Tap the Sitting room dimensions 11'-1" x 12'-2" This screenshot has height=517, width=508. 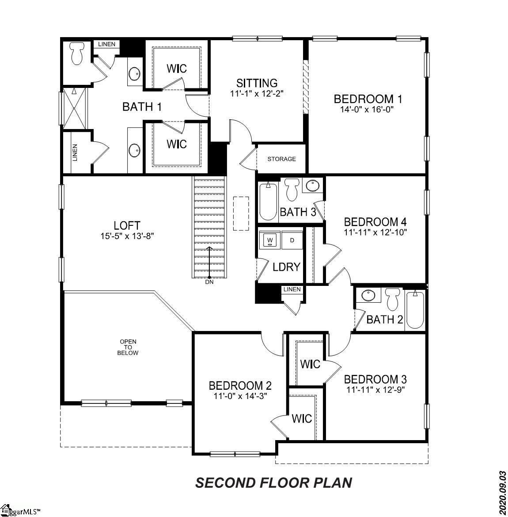pyautogui.click(x=256, y=94)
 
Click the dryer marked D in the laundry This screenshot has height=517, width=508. pyautogui.click(x=292, y=240)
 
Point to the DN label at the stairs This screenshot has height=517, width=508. pyautogui.click(x=209, y=282)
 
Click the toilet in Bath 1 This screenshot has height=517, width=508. pyautogui.click(x=77, y=53)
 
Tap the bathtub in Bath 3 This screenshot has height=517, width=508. pyautogui.click(x=268, y=201)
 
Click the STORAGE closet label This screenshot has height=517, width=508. pyautogui.click(x=281, y=159)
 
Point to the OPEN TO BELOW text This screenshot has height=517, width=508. pyautogui.click(x=128, y=347)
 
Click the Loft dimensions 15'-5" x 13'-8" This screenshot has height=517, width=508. pyautogui.click(x=127, y=236)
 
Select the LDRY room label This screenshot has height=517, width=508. pyautogui.click(x=286, y=267)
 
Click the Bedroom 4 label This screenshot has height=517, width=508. pyautogui.click(x=375, y=221)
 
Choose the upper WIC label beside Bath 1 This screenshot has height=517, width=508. pyautogui.click(x=176, y=68)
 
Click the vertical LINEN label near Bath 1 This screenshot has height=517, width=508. pyautogui.click(x=75, y=152)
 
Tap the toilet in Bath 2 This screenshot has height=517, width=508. pyautogui.click(x=392, y=299)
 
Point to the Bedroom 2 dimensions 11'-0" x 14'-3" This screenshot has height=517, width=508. pyautogui.click(x=240, y=395)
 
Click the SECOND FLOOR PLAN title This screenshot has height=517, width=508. pyautogui.click(x=273, y=483)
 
